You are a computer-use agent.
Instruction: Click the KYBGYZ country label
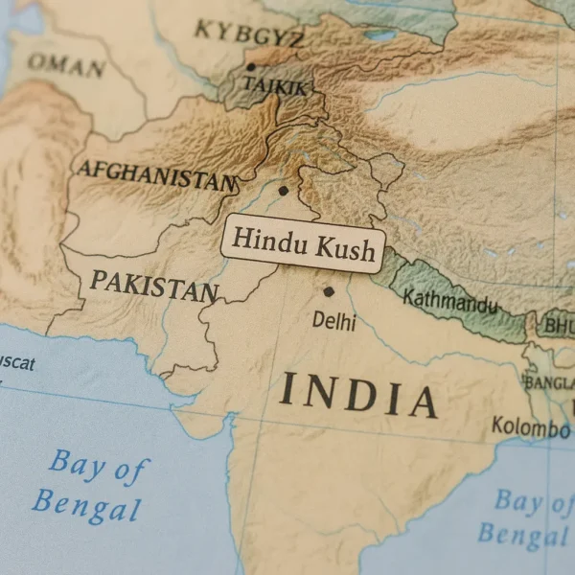249,34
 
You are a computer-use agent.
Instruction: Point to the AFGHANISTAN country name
156,175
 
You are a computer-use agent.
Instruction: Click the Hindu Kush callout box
303,243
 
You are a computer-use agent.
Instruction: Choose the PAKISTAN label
152,285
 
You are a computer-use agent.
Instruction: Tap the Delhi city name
333,321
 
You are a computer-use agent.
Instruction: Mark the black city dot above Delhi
329,291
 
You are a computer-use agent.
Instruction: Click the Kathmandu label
449,301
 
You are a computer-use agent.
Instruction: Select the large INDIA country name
358,395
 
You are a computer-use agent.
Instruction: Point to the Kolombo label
530,426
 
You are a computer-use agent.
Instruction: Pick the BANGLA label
548,382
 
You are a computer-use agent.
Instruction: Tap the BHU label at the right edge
559,327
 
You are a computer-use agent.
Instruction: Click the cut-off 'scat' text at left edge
16,364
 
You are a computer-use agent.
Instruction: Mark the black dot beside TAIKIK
251,67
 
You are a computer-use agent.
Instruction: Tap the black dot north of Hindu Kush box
283,191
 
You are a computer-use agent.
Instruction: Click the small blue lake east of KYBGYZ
380,35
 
